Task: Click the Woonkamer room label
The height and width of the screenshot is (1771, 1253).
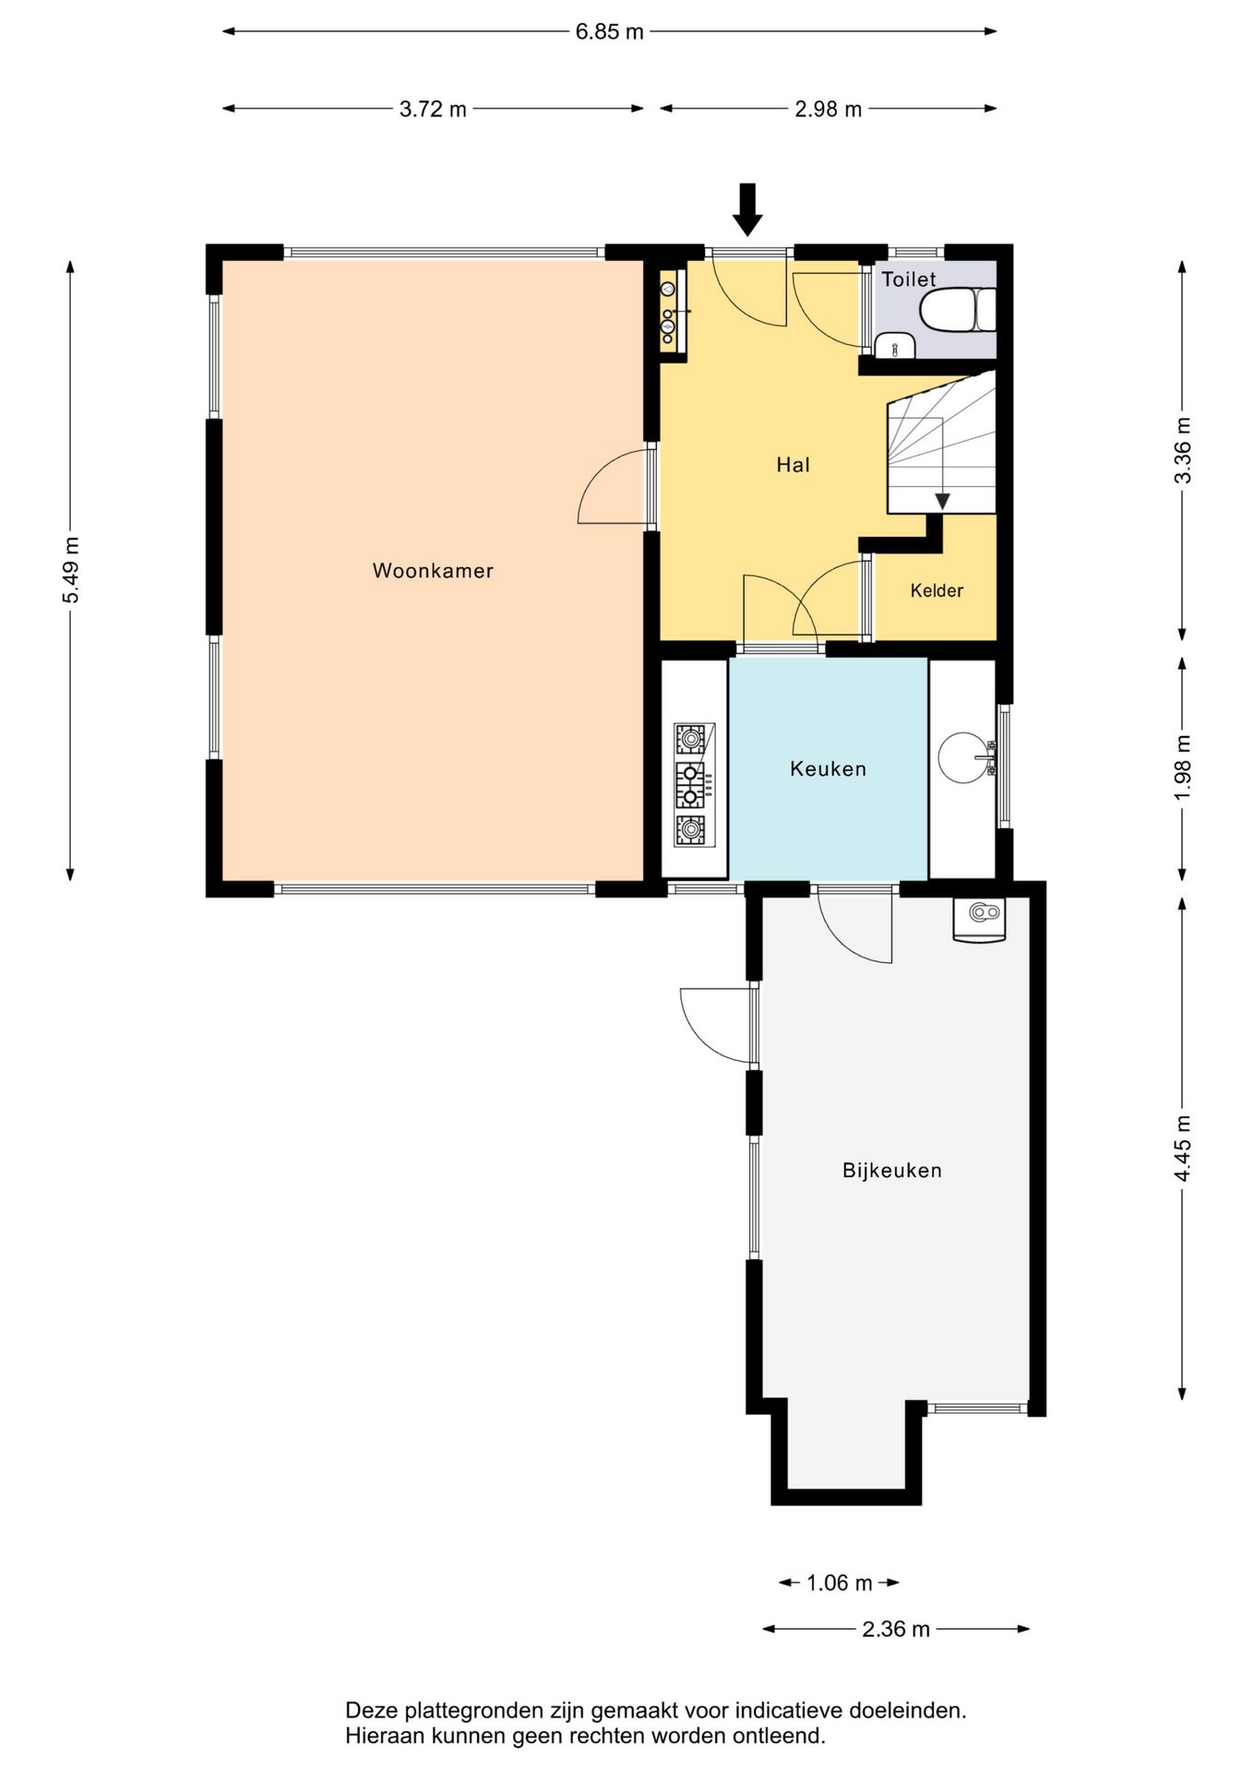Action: [433, 571]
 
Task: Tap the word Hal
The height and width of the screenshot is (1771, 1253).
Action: [793, 465]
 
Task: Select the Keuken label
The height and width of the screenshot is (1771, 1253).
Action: [828, 769]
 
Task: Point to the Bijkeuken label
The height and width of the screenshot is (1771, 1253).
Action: [892, 1171]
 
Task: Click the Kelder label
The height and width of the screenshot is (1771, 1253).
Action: [937, 591]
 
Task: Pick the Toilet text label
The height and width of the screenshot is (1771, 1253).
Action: [909, 279]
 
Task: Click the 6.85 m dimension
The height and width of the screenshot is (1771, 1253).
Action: [609, 32]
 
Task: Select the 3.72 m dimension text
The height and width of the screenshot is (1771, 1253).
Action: [433, 110]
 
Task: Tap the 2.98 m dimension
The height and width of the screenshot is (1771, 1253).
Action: [828, 110]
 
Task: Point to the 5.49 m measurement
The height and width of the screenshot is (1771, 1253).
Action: [71, 570]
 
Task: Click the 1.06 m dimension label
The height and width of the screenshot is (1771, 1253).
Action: [839, 1584]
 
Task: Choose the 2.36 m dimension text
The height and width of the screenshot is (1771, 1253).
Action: [896, 1630]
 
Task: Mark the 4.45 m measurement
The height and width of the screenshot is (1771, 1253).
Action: [1183, 1147]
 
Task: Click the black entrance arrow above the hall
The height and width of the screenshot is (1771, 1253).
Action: [747, 209]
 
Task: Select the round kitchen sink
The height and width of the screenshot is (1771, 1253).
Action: [962, 757]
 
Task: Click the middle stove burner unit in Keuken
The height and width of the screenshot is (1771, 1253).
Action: [690, 785]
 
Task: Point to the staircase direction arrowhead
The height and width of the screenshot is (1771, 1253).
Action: [942, 502]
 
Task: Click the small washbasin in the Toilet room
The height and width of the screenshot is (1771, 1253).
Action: [894, 346]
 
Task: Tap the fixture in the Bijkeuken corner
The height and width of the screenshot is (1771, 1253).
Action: [979, 920]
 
